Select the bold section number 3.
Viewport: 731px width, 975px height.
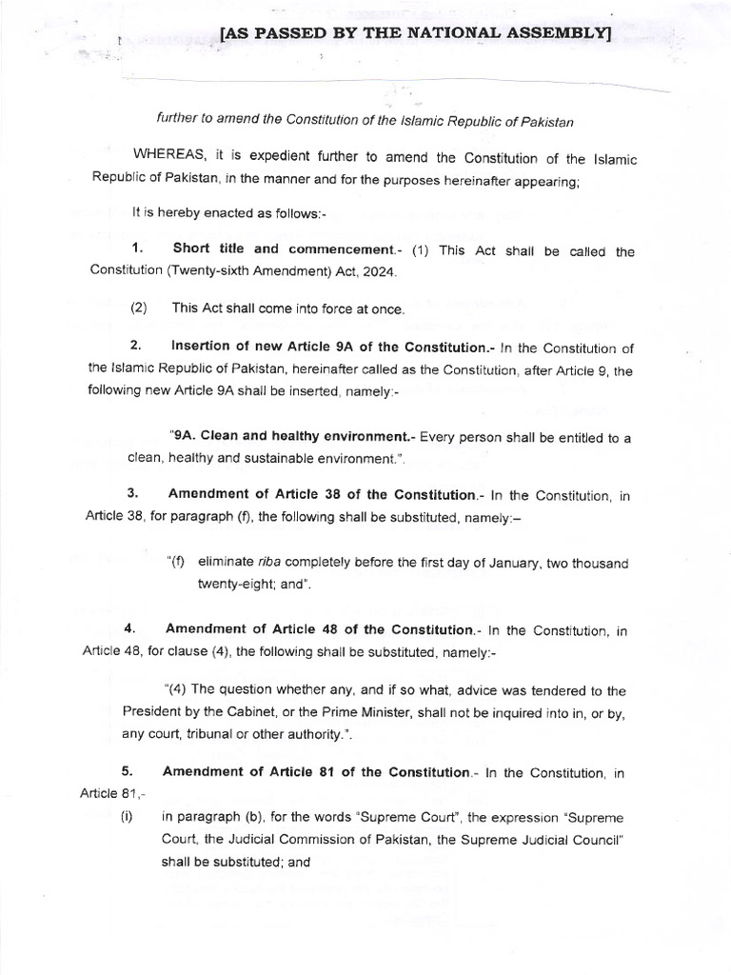(133, 494)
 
